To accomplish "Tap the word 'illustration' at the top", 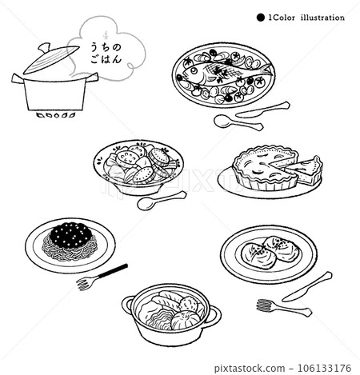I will (320, 17).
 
